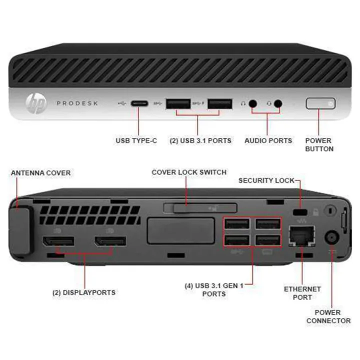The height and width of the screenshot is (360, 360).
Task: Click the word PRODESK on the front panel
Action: (77, 103)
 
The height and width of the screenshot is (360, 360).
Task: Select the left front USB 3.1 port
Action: (178, 103)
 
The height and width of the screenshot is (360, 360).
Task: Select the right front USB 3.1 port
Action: (220, 103)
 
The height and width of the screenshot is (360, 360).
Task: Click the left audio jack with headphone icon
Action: (253, 103)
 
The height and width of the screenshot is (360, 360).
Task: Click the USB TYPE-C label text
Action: (136, 141)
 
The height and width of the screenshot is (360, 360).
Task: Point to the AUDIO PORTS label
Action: (268, 141)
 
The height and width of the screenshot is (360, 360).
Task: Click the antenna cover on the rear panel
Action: (22, 227)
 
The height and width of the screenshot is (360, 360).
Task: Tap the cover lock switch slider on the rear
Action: (199, 207)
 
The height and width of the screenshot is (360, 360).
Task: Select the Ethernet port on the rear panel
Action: (301, 235)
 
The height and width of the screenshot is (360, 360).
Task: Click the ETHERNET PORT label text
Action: (302, 293)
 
